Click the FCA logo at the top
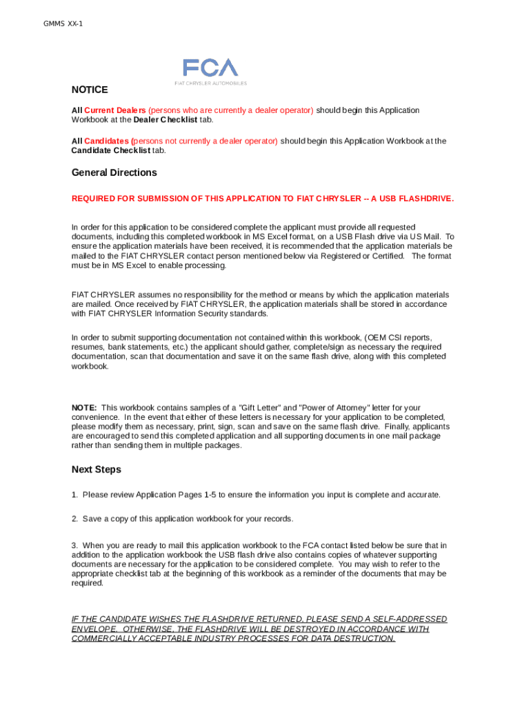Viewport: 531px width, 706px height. click(x=210, y=68)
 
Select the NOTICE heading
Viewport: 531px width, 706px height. click(x=90, y=90)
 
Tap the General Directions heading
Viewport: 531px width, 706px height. click(x=114, y=172)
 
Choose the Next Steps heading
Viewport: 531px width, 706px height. click(x=96, y=470)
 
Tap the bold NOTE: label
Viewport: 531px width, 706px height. click(x=84, y=407)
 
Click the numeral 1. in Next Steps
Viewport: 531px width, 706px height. click(x=74, y=495)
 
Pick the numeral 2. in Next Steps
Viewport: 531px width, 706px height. click(x=74, y=518)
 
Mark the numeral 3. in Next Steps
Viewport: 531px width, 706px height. click(x=74, y=545)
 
